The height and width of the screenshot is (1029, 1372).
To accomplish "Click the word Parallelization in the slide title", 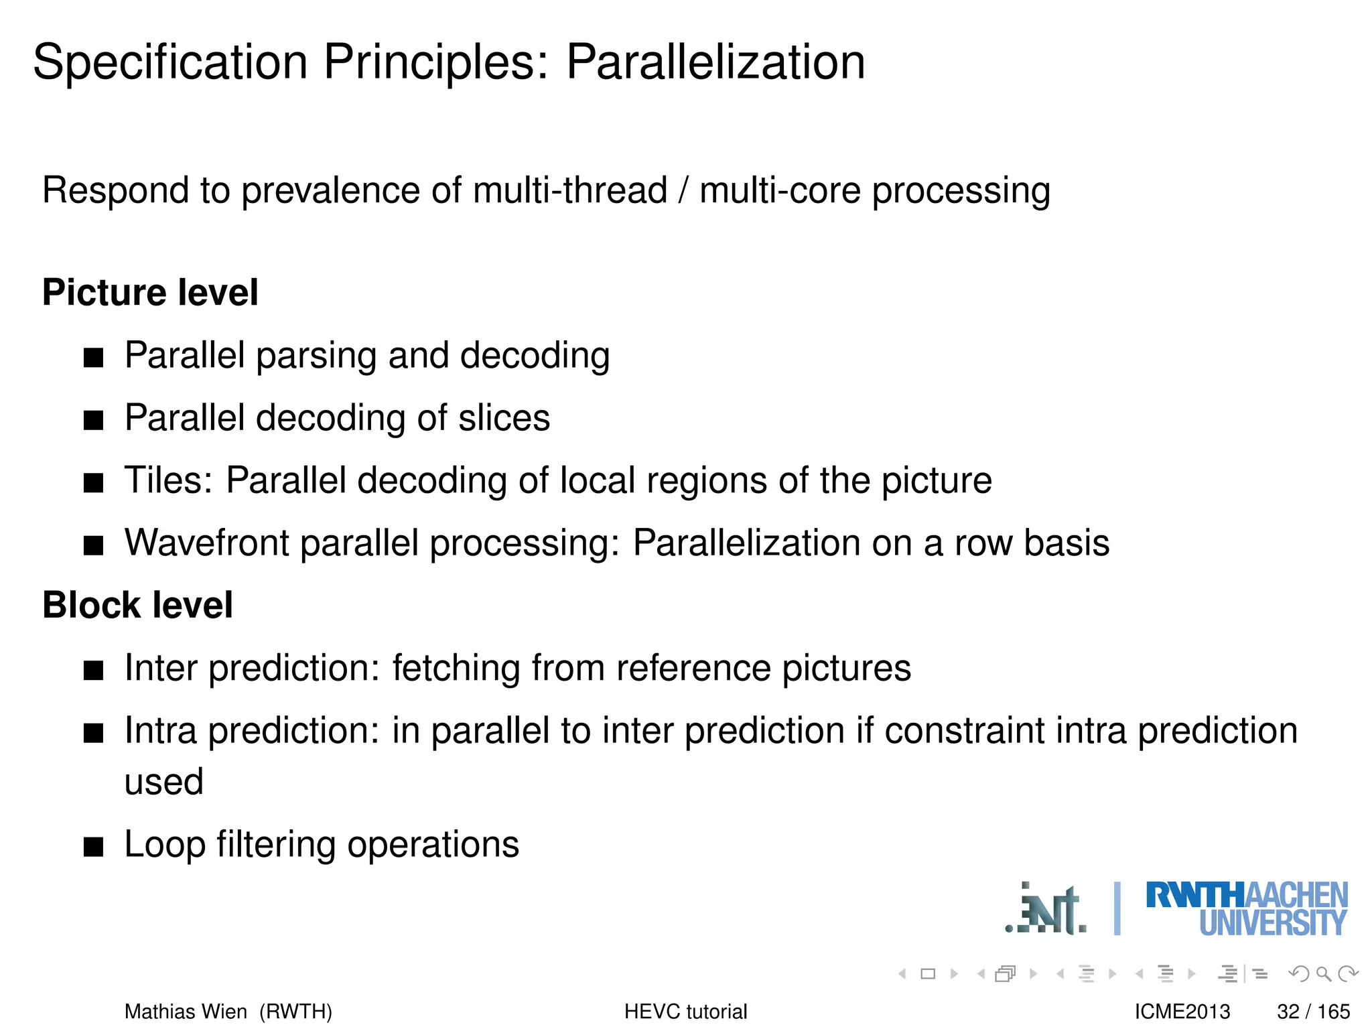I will [715, 62].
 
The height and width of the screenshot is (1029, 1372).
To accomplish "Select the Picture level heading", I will [150, 293].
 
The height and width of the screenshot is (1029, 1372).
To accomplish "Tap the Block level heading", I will [137, 605].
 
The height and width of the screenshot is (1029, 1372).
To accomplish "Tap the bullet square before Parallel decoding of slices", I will [94, 421].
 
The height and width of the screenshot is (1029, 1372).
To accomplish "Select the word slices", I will [504, 418].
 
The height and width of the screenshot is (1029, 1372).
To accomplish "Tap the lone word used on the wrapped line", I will [164, 782].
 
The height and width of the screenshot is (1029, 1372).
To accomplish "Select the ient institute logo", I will [1046, 910].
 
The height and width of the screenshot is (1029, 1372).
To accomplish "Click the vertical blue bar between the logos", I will [1117, 908].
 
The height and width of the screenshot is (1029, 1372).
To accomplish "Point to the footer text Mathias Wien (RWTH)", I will [228, 1012].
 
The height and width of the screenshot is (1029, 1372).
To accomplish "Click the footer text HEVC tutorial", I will [685, 1012].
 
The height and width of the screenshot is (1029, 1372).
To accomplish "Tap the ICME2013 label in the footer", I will [1182, 1012].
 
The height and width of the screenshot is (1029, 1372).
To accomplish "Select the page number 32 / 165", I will [1313, 1012].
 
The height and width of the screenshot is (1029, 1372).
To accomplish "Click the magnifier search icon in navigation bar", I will [1323, 973].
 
